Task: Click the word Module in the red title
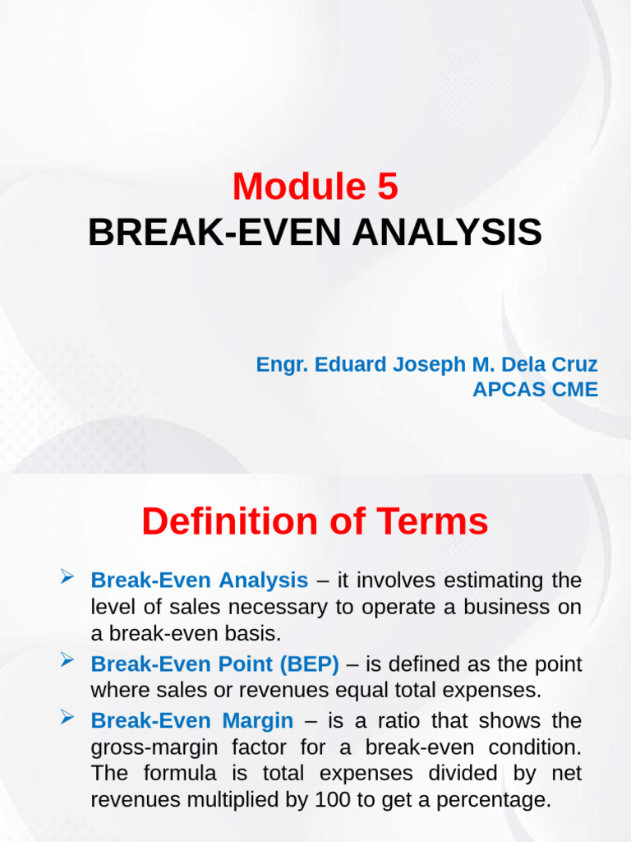coord(292,187)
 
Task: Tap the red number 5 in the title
coord(388,187)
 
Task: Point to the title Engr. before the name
coord(279,364)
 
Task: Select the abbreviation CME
coord(574,390)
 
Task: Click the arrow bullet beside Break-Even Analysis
coord(69,580)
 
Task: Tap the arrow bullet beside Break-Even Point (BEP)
coord(69,660)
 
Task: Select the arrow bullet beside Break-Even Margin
coord(69,719)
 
